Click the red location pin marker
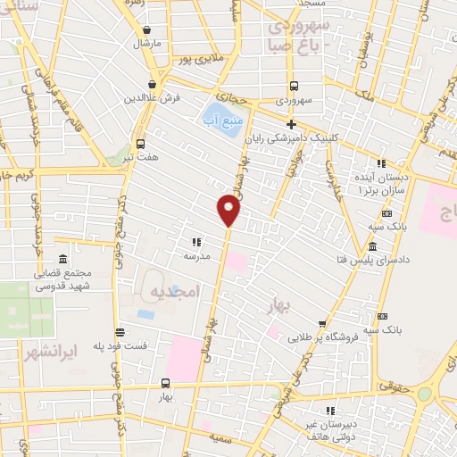click(228, 211)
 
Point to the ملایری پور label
click(195, 59)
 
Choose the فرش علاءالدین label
click(153, 97)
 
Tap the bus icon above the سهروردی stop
click(294, 87)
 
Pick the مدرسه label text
click(197, 256)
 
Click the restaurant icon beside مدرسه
click(196, 241)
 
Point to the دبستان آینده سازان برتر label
click(381, 184)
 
